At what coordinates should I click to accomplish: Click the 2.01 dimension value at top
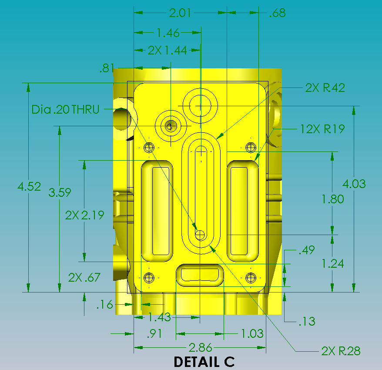click(180, 13)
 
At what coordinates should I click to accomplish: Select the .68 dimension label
click(277, 13)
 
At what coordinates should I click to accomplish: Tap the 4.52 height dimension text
click(29, 187)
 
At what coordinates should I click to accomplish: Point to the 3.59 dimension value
click(60, 192)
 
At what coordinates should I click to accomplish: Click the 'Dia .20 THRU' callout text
click(65, 109)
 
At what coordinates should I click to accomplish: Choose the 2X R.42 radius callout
click(325, 88)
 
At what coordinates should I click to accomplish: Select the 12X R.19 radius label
click(322, 129)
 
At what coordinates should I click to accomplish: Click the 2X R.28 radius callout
click(341, 351)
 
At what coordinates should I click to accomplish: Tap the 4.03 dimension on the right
click(354, 184)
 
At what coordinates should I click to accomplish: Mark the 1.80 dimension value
click(332, 199)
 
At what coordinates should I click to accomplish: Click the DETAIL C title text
click(204, 362)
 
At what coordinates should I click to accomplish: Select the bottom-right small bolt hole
click(251, 277)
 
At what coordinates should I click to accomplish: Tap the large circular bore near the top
click(200, 105)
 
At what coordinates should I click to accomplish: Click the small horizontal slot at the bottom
click(200, 275)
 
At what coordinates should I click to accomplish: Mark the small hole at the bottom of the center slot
click(200, 235)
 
